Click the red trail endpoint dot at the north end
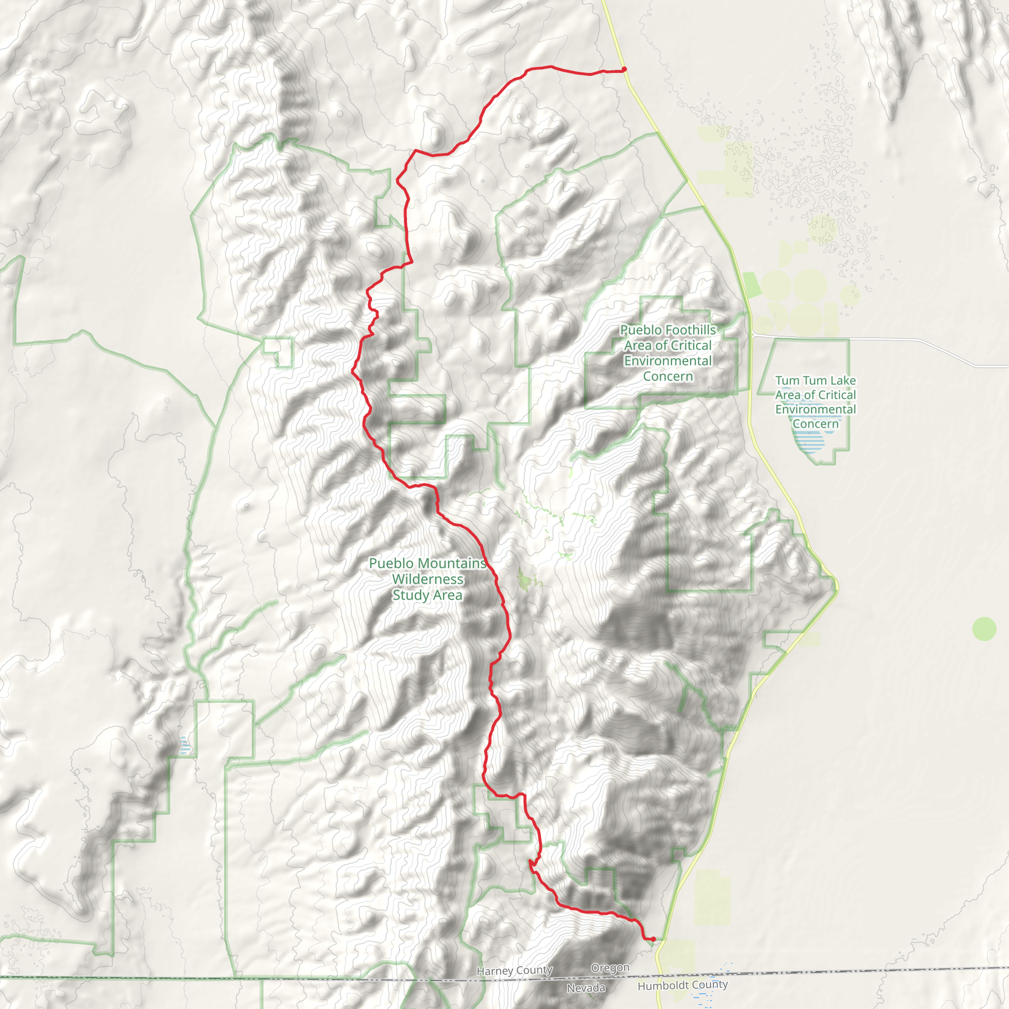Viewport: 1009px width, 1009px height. [x=624, y=69]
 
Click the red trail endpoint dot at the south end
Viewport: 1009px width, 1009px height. [x=653, y=939]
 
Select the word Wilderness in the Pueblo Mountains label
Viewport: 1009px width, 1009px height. [x=428, y=579]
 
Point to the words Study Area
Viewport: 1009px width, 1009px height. [x=427, y=595]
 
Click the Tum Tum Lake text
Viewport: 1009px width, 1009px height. [x=815, y=380]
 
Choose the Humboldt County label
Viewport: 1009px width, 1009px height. [x=682, y=984]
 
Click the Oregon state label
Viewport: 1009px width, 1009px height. [x=610, y=968]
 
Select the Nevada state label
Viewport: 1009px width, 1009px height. [x=586, y=988]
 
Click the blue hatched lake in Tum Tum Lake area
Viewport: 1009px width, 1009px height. [x=809, y=441]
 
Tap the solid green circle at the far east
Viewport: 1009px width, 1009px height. [x=984, y=628]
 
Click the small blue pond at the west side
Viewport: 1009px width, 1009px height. [x=184, y=745]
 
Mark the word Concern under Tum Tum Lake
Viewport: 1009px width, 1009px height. [x=815, y=424]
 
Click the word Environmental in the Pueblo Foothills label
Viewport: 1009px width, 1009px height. [x=668, y=361]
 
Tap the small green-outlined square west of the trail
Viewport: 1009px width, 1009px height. [x=278, y=351]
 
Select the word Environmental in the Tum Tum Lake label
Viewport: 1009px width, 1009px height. [x=815, y=409]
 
